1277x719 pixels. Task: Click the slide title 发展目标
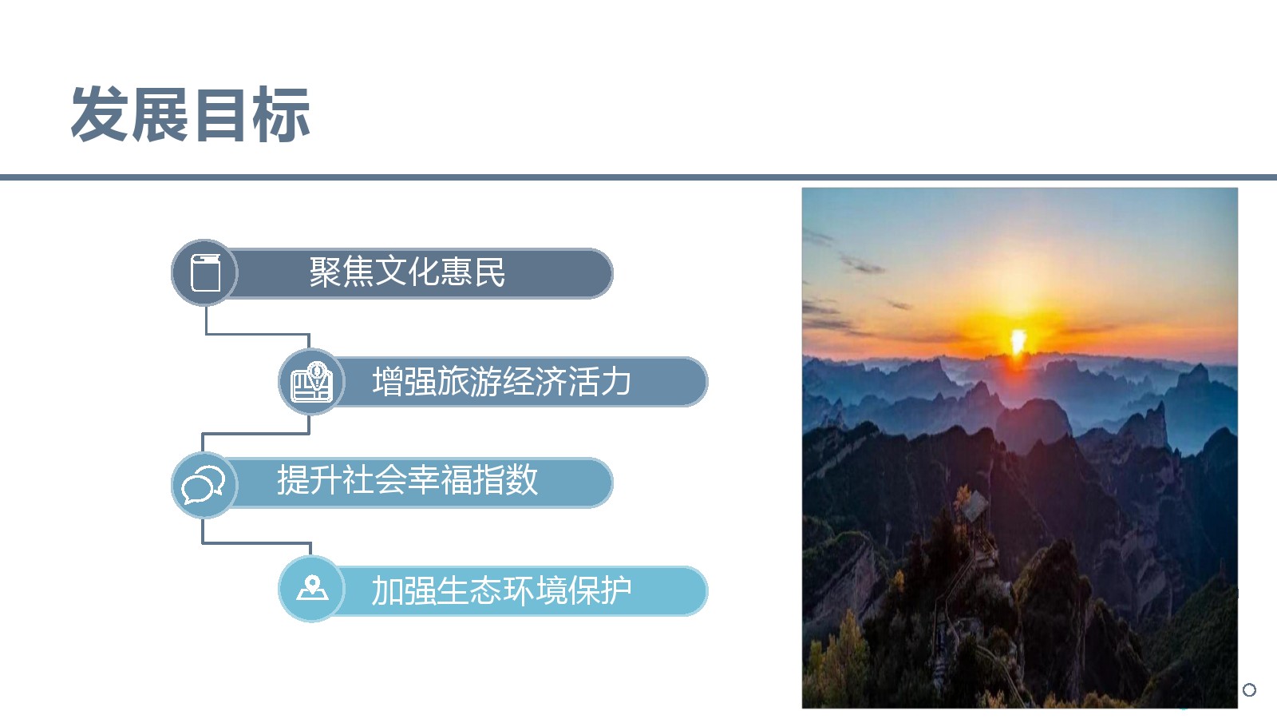pyautogui.click(x=191, y=114)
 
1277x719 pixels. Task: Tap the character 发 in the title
pyautogui.click(x=100, y=114)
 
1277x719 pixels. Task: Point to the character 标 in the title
pyautogui.click(x=282, y=114)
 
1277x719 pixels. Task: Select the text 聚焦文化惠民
pyautogui.click(x=407, y=272)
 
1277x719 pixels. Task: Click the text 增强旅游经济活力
pyautogui.click(x=502, y=381)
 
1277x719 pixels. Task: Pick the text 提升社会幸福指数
pyautogui.click(x=407, y=480)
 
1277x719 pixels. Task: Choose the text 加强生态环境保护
pyautogui.click(x=502, y=590)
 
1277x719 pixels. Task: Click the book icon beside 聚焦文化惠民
pyautogui.click(x=205, y=272)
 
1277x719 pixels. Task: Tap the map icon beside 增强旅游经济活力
pyautogui.click(x=311, y=382)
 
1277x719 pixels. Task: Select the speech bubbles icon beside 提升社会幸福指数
pyautogui.click(x=203, y=484)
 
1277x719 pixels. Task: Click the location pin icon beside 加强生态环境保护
pyautogui.click(x=312, y=588)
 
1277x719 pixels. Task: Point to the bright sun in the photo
pyautogui.click(x=1018, y=341)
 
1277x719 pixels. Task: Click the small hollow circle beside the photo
pyautogui.click(x=1249, y=690)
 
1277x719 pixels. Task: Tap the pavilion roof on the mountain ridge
pyautogui.click(x=975, y=505)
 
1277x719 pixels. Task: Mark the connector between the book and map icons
pyautogui.click(x=257, y=334)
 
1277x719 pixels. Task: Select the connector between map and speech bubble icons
pyautogui.click(x=255, y=434)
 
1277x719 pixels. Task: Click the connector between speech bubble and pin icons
pyautogui.click(x=256, y=542)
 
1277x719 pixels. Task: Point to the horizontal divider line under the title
pyautogui.click(x=638, y=177)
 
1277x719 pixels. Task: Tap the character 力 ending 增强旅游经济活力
pyautogui.click(x=615, y=381)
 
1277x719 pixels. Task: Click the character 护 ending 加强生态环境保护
pyautogui.click(x=615, y=590)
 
